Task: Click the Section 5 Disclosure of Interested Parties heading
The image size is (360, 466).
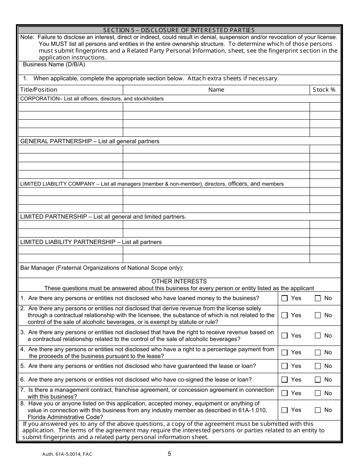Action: [x=179, y=30]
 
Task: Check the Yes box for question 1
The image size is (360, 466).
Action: [x=285, y=299]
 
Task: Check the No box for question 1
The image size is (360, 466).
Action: [x=318, y=299]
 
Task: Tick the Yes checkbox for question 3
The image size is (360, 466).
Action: [x=285, y=336]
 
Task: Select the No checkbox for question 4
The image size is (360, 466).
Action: [x=318, y=352]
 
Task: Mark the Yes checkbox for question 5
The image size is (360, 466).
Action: [x=285, y=366]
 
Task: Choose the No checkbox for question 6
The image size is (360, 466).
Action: [x=318, y=380]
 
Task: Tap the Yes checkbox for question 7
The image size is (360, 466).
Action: [x=285, y=393]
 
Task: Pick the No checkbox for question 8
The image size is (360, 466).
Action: [x=318, y=410]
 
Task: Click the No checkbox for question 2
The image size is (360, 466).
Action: [x=318, y=315]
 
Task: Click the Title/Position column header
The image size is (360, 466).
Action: [x=39, y=90]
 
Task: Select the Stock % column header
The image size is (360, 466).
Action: [x=324, y=90]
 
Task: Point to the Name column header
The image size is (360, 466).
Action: [x=216, y=90]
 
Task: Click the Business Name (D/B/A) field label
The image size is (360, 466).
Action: [x=54, y=64]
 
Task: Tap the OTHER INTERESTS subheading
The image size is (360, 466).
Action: [x=179, y=281]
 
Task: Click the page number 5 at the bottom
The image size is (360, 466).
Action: [x=169, y=454]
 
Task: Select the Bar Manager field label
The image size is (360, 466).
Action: [x=102, y=268]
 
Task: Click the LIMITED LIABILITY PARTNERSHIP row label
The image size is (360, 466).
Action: [x=67, y=242]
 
